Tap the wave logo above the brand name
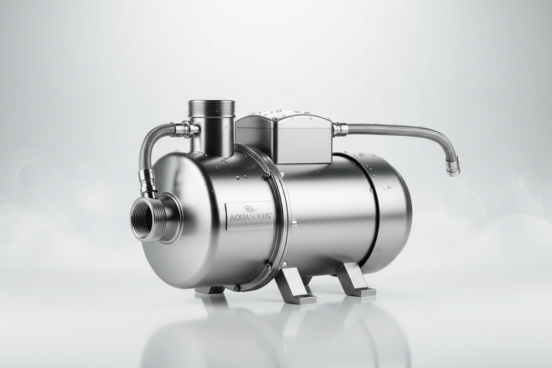tap(249, 209)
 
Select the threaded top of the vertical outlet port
tap(212, 109)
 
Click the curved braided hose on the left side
tap(148, 145)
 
